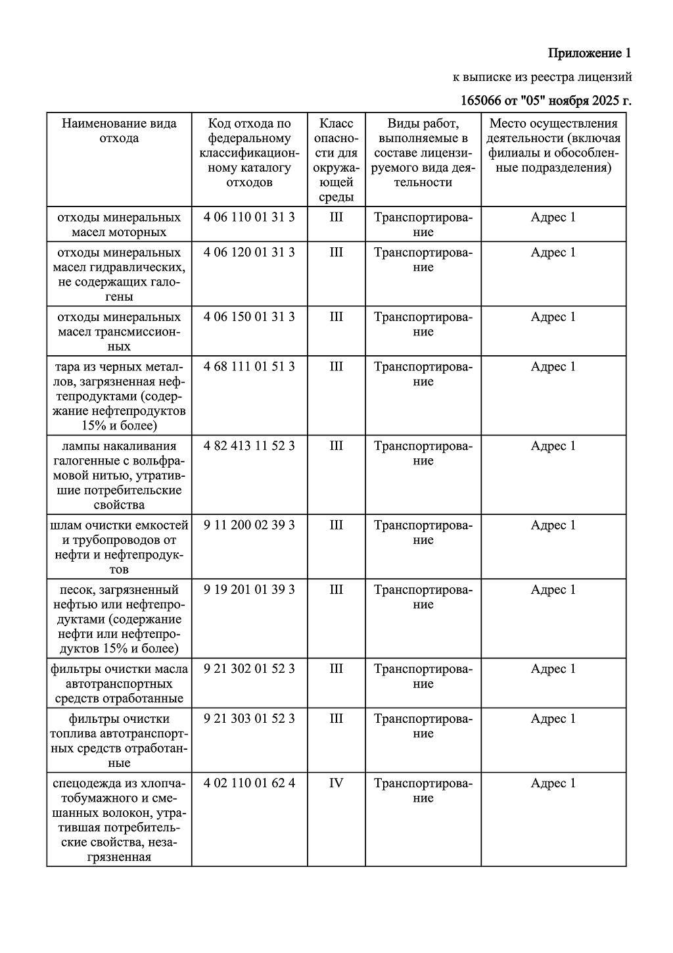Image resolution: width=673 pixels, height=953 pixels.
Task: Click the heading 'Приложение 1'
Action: pos(590,53)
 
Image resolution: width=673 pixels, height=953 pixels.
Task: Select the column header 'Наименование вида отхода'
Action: pos(119,131)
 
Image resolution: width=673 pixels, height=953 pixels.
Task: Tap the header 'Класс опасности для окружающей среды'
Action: pos(336,160)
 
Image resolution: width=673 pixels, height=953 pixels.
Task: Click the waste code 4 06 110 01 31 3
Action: pos(249,217)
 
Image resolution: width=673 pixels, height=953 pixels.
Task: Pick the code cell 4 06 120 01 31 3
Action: pos(249,253)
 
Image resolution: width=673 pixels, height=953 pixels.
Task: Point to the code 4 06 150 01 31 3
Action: pos(249,317)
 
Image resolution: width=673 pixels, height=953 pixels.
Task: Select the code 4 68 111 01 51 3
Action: pos(249,366)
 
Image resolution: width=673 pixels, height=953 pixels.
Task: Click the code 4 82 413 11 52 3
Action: pos(249,446)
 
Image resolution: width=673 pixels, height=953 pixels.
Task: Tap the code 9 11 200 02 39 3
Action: pos(249,525)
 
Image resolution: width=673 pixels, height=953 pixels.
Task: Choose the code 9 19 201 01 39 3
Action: pos(249,589)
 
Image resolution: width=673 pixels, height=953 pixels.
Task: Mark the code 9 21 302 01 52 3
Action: pos(249,669)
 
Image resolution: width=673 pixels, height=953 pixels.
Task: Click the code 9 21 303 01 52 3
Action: pos(249,718)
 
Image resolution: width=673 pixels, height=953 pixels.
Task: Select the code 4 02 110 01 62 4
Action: pos(249,783)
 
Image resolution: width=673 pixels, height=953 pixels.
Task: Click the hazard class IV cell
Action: pos(336,783)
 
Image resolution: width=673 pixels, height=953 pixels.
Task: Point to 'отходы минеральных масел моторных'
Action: pos(119,224)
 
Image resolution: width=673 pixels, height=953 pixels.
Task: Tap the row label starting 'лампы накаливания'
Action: pos(119,476)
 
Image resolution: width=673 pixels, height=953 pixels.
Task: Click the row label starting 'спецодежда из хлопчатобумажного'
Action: pos(119,819)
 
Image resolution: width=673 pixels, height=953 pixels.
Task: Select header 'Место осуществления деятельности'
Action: pos(553,145)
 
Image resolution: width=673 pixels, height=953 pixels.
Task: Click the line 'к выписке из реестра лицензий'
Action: pos(542,78)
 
